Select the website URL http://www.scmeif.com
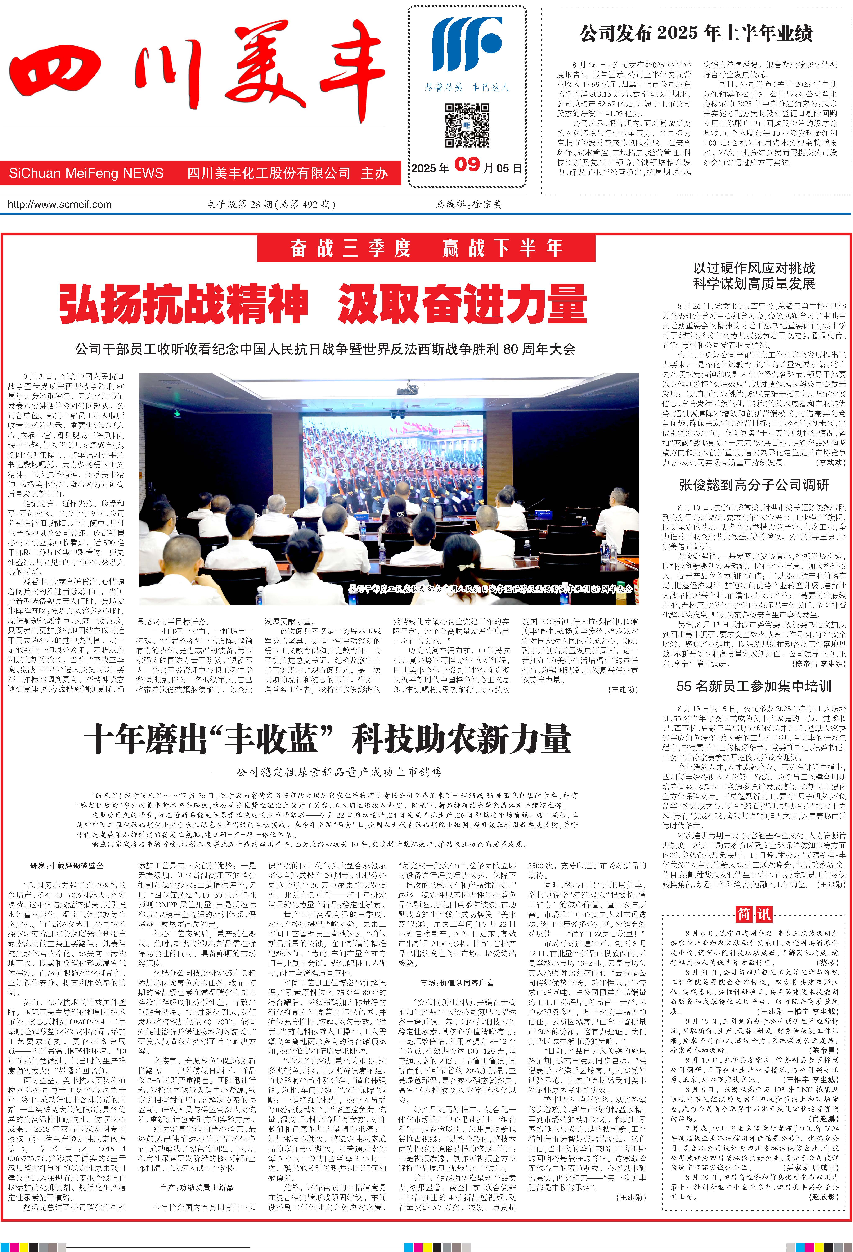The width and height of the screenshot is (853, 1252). (x=60, y=205)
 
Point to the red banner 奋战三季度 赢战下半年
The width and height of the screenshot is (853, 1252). (x=426, y=248)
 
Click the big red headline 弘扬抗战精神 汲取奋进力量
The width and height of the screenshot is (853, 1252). (x=323, y=305)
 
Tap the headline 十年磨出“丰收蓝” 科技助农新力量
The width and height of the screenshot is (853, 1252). (x=327, y=739)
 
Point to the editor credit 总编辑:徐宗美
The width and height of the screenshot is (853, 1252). (x=469, y=205)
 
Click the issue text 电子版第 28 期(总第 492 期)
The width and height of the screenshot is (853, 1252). (x=271, y=205)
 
